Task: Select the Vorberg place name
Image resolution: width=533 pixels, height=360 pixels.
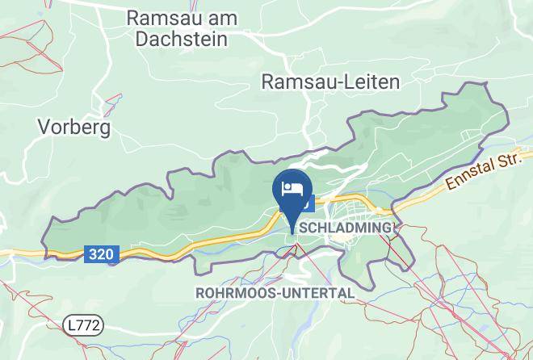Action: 73,128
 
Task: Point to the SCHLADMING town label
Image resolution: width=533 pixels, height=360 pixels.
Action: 346,228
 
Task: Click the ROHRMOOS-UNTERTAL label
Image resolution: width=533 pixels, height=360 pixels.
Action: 275,292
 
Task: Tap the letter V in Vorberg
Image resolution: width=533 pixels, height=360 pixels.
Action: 44,128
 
